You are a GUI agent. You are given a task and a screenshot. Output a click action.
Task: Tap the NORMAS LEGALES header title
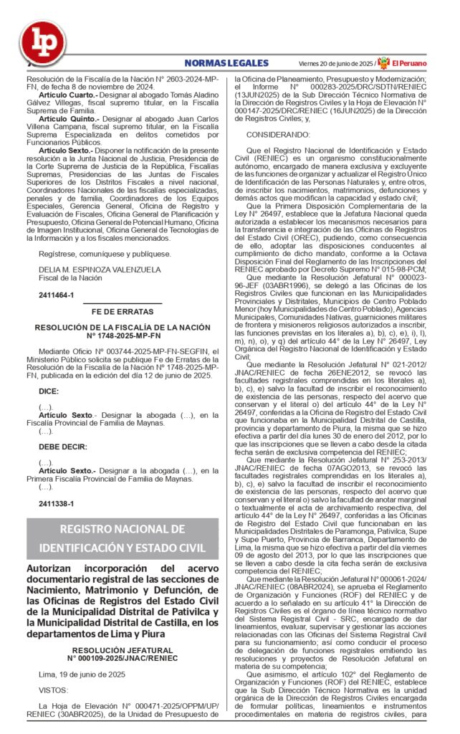(226, 63)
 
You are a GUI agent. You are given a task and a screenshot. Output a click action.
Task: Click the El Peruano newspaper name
(409, 63)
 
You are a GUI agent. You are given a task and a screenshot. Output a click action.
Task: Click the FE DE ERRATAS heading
(122, 312)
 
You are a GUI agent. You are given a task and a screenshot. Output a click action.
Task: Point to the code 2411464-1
(56, 295)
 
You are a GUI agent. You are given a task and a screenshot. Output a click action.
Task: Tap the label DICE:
(49, 391)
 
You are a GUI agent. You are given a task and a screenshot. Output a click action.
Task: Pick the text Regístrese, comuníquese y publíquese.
(105, 253)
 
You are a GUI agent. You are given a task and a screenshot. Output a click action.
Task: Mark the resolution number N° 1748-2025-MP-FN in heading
(123, 334)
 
